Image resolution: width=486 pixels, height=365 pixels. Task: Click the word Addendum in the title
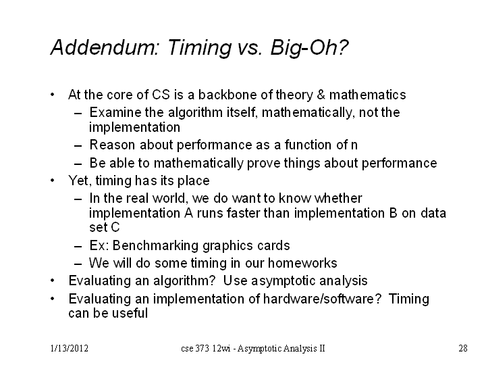point(105,47)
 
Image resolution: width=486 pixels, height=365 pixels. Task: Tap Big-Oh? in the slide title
point(309,48)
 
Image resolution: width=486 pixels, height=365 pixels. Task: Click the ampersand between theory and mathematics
point(321,95)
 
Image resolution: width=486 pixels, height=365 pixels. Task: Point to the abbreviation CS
point(161,95)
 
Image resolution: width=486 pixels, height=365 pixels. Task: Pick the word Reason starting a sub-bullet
point(112,145)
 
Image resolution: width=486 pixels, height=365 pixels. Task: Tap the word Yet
point(80,180)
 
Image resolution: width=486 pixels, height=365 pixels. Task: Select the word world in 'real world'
point(170,198)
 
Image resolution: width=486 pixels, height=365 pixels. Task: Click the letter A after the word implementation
point(188,213)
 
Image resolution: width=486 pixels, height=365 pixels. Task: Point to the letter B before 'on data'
point(393,213)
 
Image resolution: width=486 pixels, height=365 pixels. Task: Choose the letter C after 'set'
point(115,227)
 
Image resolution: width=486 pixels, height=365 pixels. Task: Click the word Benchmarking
point(156,246)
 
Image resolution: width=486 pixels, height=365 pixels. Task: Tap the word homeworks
point(302,263)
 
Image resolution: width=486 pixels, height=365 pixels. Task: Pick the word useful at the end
point(130,313)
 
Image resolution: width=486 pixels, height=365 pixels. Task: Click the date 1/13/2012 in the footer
point(70,349)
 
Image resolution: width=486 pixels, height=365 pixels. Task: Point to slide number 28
point(463,349)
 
